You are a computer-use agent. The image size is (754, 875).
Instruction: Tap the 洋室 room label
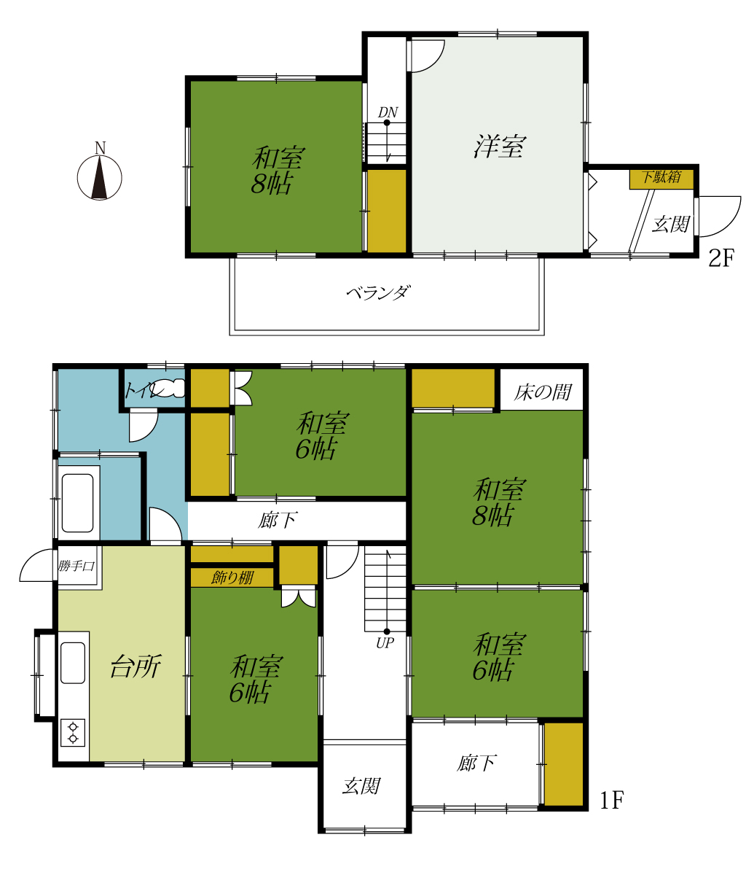[500, 147]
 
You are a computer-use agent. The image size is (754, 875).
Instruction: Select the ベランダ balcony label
[378, 292]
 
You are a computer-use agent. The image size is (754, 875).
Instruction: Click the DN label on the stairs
[388, 112]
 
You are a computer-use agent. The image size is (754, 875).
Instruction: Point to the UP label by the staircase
[385, 643]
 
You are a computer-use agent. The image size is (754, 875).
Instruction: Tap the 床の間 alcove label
[543, 392]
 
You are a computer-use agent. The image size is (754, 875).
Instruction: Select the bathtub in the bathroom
[77, 503]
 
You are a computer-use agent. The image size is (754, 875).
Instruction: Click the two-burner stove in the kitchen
[73, 732]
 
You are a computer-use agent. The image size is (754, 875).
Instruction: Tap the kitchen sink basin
[73, 663]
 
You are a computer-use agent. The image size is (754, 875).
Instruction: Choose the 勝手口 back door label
[76, 566]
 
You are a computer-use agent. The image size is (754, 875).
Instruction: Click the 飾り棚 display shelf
[232, 577]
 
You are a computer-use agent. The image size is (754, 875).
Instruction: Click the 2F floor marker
[721, 258]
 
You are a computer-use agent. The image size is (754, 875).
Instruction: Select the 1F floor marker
[612, 800]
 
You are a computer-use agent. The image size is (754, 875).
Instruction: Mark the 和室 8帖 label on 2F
[277, 171]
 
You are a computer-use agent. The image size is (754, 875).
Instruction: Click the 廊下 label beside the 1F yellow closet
[476, 763]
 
